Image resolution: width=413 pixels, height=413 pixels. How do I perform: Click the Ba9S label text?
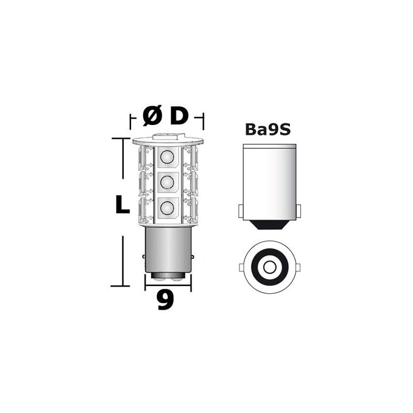point(268,130)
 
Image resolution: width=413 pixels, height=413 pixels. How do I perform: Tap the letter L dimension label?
point(122,204)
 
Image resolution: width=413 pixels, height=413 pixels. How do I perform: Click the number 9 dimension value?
point(165,300)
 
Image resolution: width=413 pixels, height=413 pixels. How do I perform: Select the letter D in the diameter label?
point(179,117)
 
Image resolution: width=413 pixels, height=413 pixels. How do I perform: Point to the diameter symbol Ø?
point(152,117)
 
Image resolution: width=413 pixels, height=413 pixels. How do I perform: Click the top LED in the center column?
point(167,157)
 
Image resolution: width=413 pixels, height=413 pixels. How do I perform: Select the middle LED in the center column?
point(167,182)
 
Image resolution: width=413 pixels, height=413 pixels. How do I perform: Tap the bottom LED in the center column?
point(167,208)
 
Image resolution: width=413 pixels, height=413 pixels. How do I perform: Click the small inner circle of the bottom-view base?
point(269,267)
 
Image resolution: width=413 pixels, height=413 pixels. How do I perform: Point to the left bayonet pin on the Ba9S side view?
point(241,211)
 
